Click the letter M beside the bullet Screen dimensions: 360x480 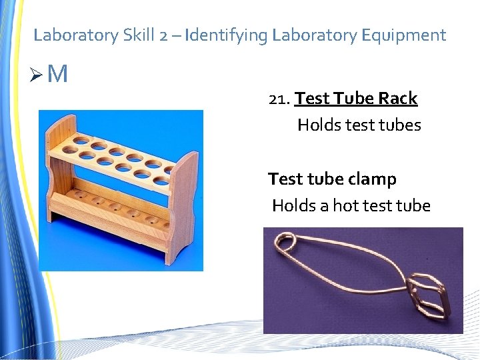click(x=58, y=74)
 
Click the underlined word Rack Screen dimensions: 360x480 click(x=397, y=98)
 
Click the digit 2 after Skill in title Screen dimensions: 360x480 click(x=164, y=35)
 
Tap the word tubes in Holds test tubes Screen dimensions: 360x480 click(x=401, y=125)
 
